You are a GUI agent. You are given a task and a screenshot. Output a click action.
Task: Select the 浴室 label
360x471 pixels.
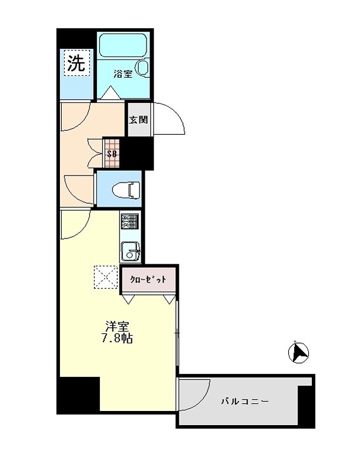pos(123,74)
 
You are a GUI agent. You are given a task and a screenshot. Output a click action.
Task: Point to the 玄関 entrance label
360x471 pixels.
pos(139,120)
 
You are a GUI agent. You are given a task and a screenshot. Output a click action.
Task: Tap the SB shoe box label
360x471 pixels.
pos(112,154)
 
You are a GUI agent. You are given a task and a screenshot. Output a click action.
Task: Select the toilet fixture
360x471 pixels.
pos(126,190)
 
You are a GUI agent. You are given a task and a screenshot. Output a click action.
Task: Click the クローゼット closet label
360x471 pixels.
pos(148,279)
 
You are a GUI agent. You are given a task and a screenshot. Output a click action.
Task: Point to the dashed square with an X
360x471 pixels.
pos(105,277)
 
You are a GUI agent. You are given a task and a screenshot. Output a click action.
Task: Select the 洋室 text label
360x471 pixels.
pos(116,327)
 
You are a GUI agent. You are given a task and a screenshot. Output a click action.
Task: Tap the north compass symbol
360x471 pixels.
pos(298,352)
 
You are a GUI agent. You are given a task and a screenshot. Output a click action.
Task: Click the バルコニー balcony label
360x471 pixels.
pos(245,401)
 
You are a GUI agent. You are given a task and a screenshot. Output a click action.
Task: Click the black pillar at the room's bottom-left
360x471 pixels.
pos(79,395)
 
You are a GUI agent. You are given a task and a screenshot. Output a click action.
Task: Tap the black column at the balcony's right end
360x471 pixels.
pos(306,406)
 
